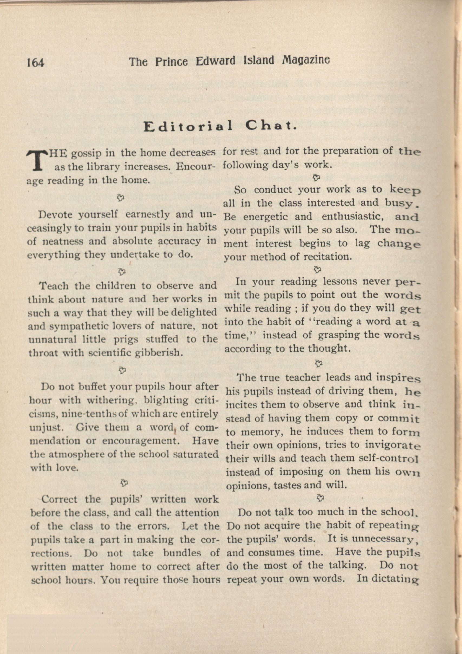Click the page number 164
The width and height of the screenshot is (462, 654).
(x=36, y=62)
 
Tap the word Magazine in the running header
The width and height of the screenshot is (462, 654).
(x=306, y=60)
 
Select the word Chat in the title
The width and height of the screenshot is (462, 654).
(x=269, y=125)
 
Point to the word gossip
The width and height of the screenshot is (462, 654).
(x=86, y=154)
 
